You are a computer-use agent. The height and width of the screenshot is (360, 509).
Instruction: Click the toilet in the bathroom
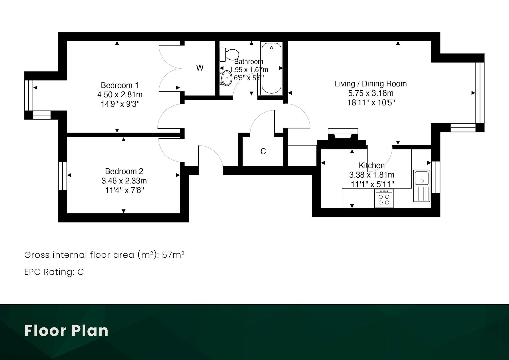(x=229, y=54)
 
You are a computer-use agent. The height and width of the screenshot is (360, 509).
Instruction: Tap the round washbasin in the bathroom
(x=226, y=78)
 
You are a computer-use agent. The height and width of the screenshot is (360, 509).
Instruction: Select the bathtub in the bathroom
(x=271, y=68)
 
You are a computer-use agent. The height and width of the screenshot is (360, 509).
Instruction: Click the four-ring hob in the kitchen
(x=384, y=198)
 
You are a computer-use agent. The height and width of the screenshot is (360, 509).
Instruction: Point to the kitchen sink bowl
(x=422, y=178)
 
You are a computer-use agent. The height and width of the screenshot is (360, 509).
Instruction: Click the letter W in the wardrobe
(x=200, y=68)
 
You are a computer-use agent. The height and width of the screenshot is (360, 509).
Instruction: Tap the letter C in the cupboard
(x=263, y=151)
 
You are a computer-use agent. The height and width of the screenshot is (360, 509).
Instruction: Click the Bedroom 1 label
(x=120, y=85)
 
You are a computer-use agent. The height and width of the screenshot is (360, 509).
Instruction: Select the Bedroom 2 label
(x=124, y=171)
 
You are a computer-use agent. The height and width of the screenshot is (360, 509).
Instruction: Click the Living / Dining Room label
(x=371, y=84)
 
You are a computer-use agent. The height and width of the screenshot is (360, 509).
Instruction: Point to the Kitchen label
(x=372, y=165)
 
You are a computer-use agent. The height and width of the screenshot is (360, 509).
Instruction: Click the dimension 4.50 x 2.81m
(x=120, y=95)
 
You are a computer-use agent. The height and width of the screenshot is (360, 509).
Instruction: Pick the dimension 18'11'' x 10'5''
(x=371, y=103)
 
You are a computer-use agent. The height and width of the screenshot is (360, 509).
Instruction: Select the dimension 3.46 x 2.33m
(x=124, y=181)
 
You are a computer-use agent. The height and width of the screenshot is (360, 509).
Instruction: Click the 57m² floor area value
(x=173, y=255)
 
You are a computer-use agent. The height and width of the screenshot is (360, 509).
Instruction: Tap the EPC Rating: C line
(x=54, y=272)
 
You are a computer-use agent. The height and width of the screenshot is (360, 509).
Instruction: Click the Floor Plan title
(x=66, y=331)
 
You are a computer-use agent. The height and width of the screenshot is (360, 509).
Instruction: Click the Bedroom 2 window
(x=63, y=176)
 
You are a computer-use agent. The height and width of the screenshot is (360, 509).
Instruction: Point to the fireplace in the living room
(x=343, y=134)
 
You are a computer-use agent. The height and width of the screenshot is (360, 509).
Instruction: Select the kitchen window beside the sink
(x=436, y=177)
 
